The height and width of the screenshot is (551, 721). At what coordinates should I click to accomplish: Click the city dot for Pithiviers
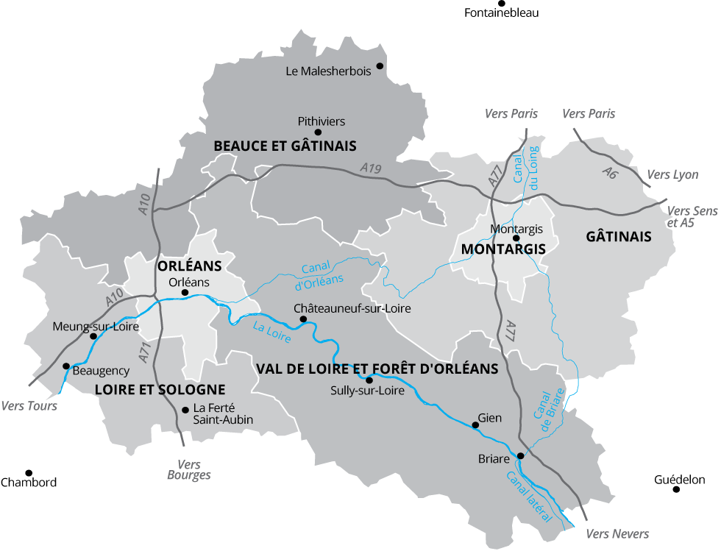point(318,132)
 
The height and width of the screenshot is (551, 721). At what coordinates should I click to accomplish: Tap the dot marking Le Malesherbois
point(380,65)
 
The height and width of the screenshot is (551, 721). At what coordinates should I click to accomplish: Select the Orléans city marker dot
point(185,292)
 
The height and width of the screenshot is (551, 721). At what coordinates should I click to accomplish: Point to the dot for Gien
point(475,424)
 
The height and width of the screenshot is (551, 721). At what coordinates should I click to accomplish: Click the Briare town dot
point(520,455)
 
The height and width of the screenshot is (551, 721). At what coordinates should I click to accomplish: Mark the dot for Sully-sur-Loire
point(369,380)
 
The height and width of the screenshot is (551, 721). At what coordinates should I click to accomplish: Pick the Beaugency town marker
point(65,366)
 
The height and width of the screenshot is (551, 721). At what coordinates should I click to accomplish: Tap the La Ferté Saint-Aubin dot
point(185,409)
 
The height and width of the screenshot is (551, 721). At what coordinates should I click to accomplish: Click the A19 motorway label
point(372,169)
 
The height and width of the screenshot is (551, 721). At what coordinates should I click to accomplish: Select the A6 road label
point(609,173)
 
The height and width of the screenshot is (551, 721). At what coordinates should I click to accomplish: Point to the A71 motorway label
point(146,353)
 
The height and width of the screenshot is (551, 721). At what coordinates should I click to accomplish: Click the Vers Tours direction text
point(29,405)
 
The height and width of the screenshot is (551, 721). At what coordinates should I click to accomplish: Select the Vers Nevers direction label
point(617,533)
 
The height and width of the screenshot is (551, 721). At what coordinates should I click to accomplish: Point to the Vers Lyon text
point(672,175)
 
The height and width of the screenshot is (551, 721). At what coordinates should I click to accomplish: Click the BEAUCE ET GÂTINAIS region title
point(285,146)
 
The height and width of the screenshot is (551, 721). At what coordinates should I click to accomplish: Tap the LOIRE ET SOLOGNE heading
point(160,389)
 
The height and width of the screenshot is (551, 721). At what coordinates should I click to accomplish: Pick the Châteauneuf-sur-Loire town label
point(352,308)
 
